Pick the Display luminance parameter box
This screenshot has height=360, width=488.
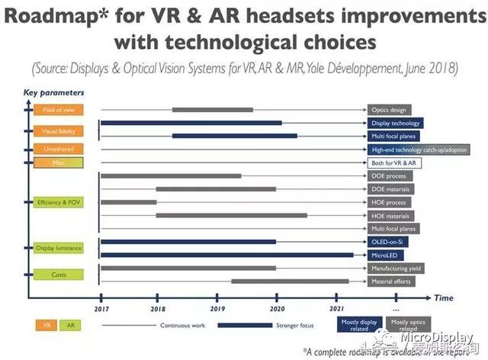click(59, 248)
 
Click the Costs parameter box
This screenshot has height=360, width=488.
click(59, 274)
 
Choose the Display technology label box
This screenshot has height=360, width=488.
click(394, 123)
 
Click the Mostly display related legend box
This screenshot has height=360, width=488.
click(358, 326)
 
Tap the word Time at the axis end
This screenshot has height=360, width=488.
click(444, 297)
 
